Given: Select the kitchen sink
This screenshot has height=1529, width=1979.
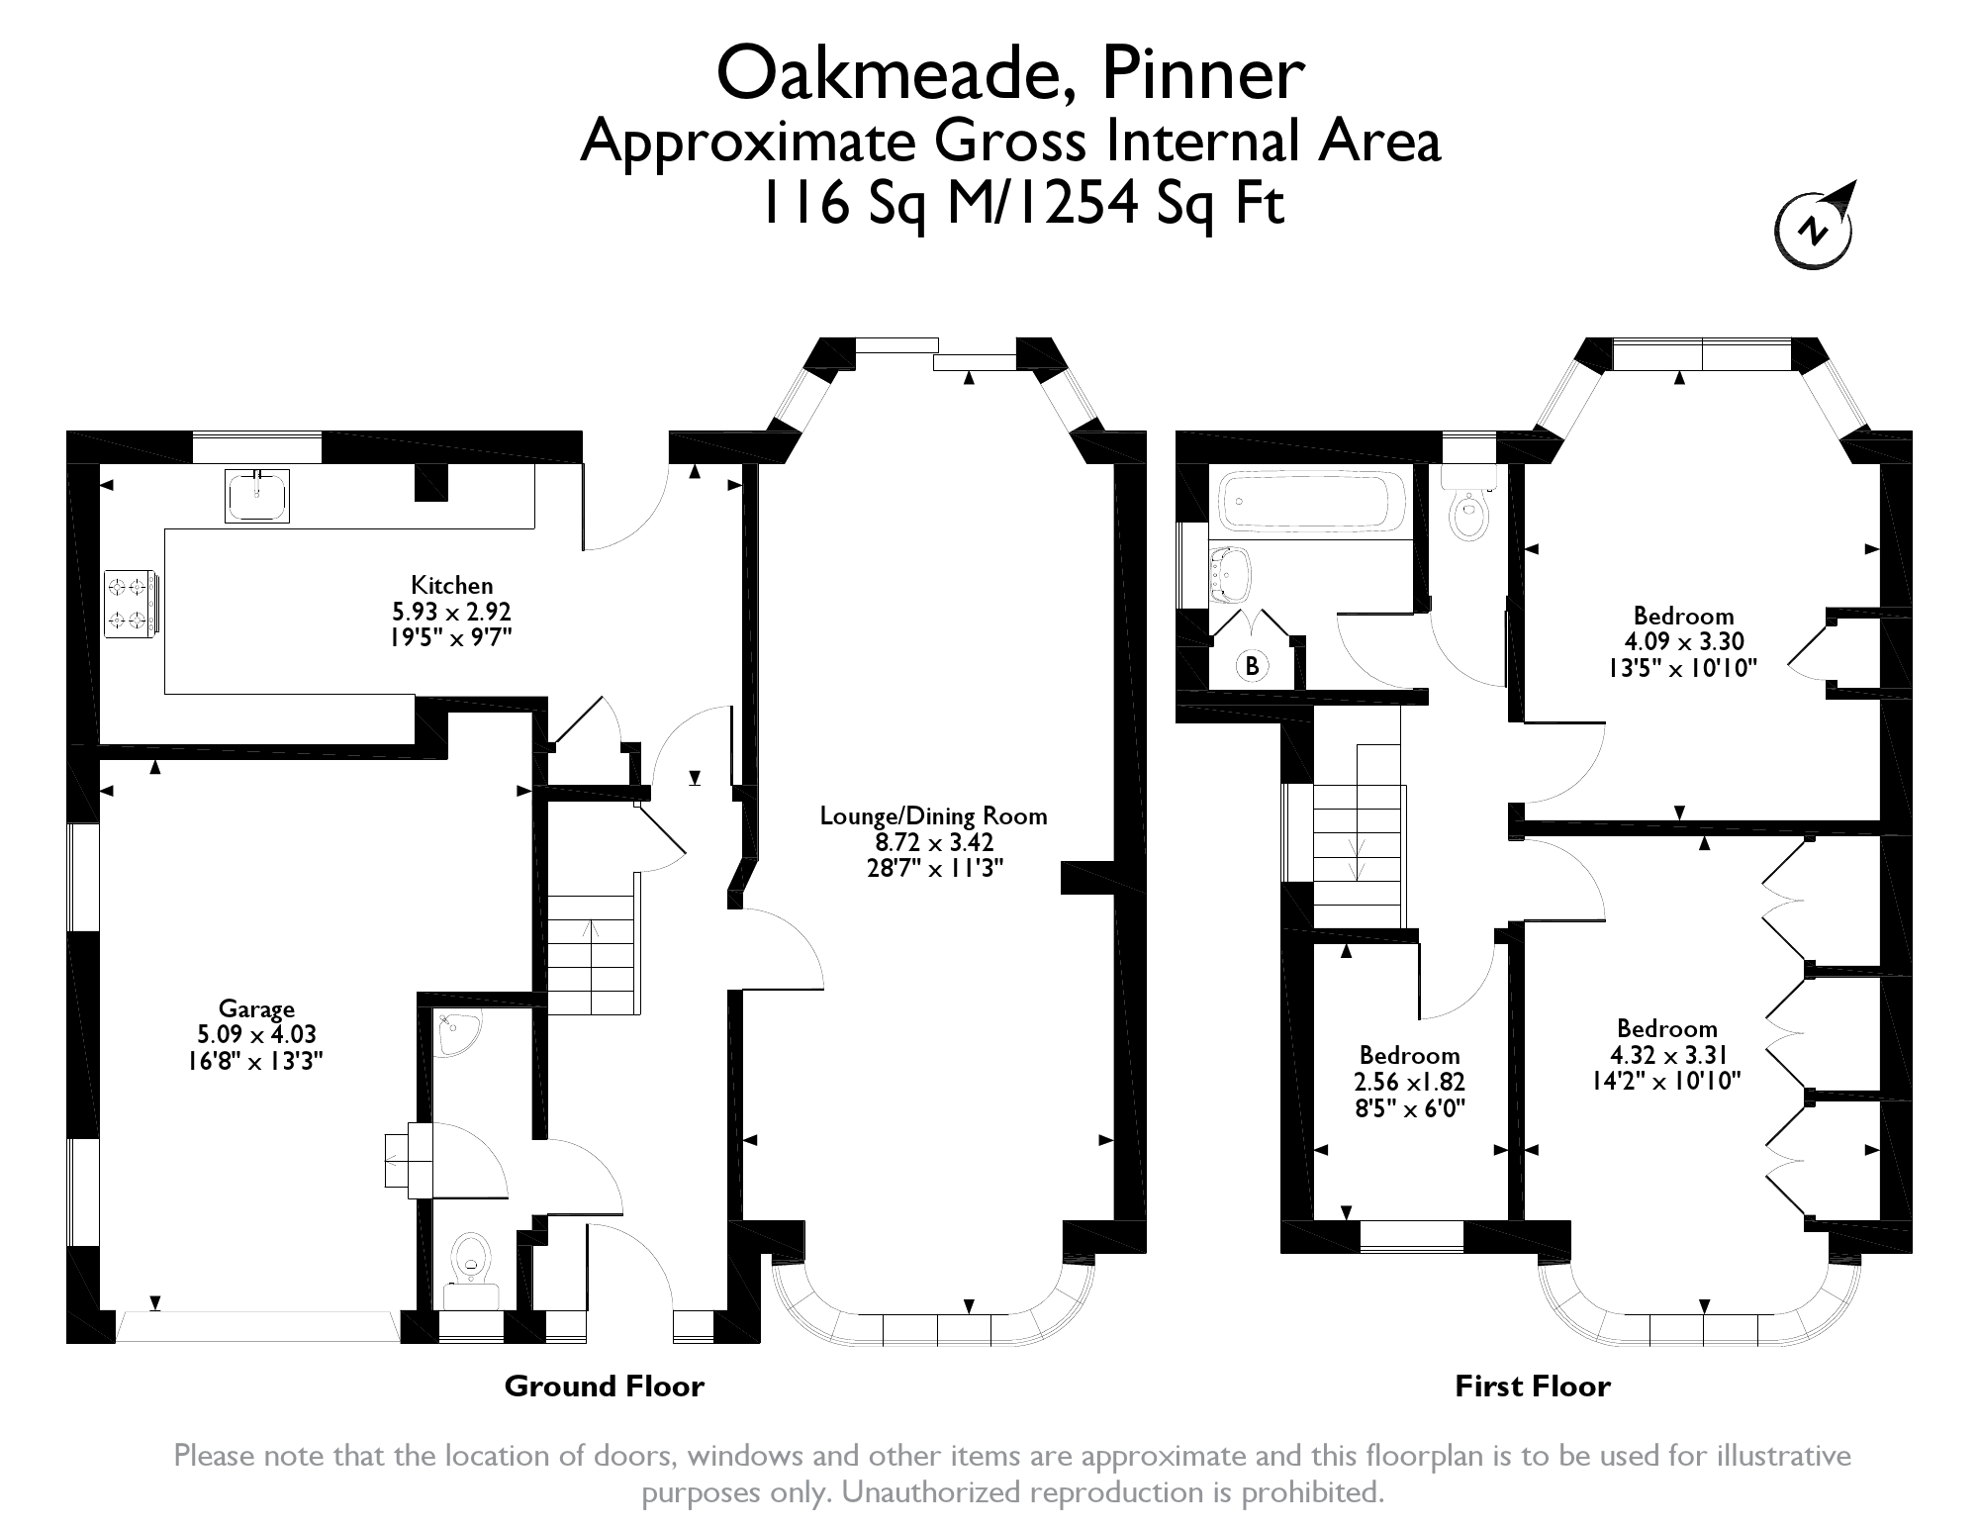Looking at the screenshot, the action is click(257, 495).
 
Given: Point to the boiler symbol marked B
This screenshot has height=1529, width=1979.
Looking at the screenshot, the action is click(1252, 666).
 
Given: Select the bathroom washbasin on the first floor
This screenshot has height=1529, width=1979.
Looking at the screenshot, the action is click(1231, 575).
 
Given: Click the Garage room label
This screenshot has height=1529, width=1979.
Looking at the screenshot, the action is click(256, 1008).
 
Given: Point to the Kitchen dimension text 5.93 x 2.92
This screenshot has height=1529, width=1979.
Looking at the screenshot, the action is click(451, 612).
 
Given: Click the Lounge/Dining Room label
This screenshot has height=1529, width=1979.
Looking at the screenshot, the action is click(933, 816).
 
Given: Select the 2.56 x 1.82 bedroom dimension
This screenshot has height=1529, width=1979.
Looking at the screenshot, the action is click(1409, 1083).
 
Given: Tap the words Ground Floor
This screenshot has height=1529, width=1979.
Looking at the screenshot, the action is click(604, 1386).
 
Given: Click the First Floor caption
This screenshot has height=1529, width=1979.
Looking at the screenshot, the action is click(1532, 1386).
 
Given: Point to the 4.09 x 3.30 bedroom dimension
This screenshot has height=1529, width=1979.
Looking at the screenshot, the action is click(1683, 641).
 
